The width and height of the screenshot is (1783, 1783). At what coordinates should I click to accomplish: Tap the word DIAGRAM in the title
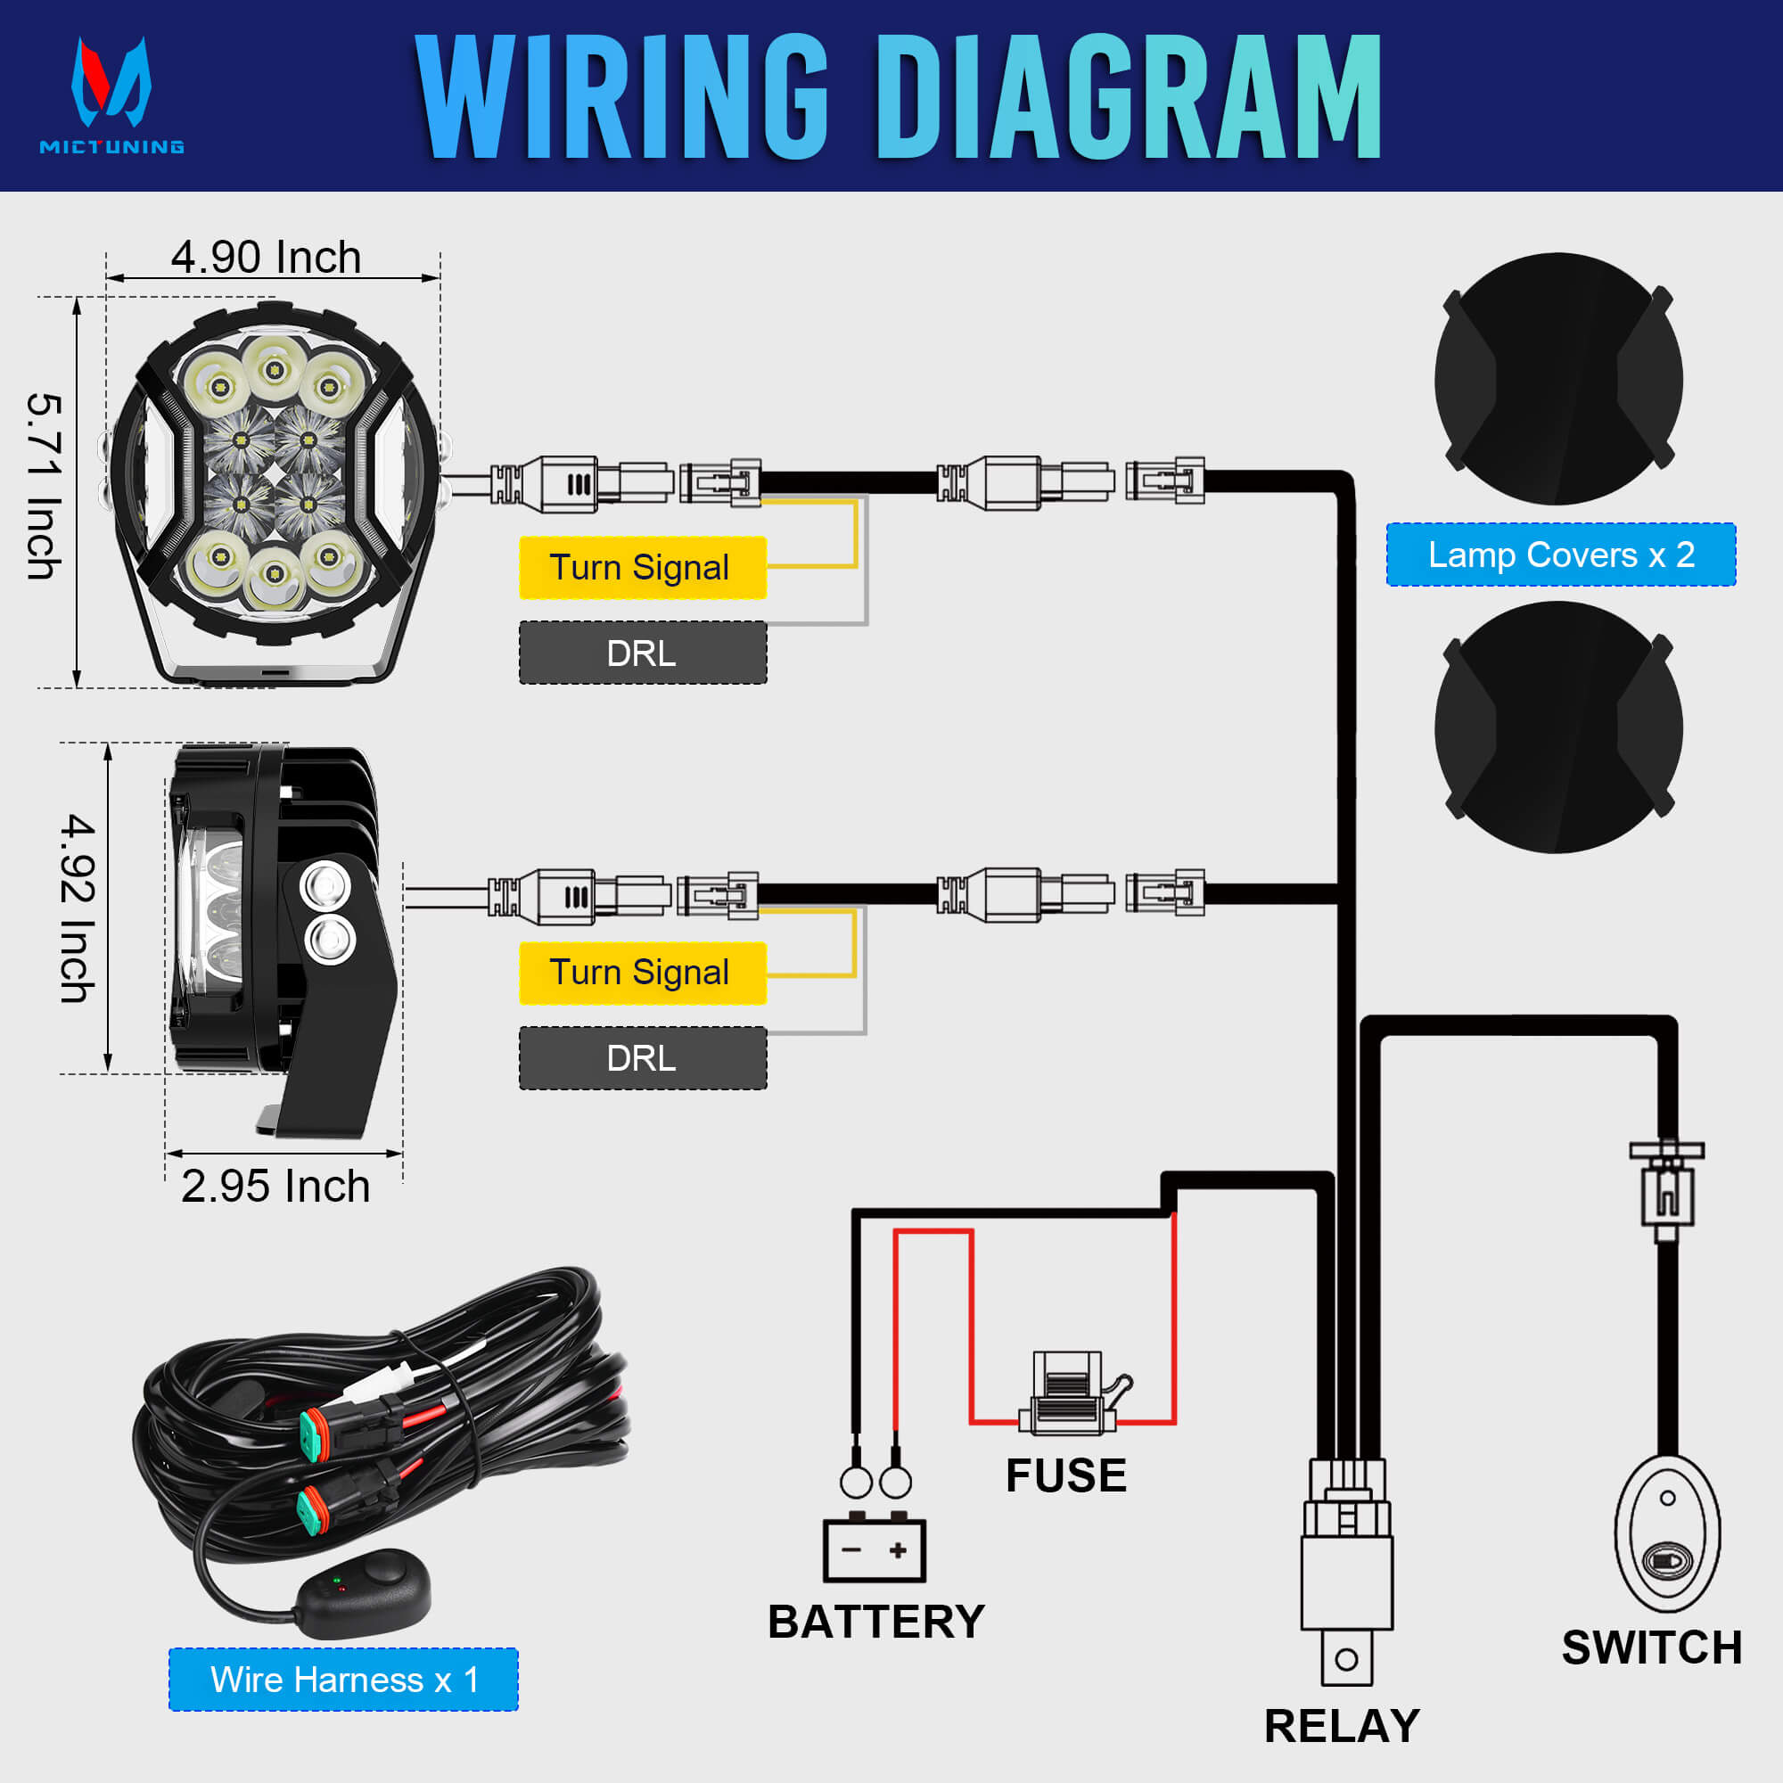[x=1128, y=98]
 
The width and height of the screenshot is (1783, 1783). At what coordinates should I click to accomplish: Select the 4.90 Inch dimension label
[x=266, y=258]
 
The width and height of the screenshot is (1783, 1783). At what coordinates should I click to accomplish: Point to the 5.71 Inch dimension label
[x=45, y=487]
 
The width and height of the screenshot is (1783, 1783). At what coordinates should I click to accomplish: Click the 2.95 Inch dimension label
[x=275, y=1186]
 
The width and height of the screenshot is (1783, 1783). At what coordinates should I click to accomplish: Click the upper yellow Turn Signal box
[x=642, y=568]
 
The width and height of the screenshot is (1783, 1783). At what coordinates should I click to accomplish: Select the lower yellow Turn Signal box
[x=642, y=973]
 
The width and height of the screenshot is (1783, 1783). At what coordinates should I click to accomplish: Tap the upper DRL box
[x=642, y=653]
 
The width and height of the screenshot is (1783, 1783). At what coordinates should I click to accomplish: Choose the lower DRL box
[x=642, y=1057]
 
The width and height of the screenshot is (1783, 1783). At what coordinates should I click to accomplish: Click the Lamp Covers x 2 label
[x=1561, y=555]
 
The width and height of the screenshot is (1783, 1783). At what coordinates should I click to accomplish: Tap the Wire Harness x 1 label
[x=343, y=1679]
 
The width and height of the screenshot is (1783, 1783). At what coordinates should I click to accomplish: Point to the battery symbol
[x=874, y=1549]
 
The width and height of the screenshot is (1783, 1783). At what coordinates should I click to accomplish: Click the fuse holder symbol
[x=1068, y=1394]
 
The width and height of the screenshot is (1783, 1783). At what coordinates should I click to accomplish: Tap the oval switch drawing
[x=1667, y=1532]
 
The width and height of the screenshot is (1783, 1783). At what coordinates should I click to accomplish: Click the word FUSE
[x=1066, y=1475]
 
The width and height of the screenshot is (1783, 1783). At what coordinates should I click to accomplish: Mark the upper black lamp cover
[x=1557, y=379]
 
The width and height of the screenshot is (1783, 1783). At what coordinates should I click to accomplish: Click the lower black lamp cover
[x=1557, y=727]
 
